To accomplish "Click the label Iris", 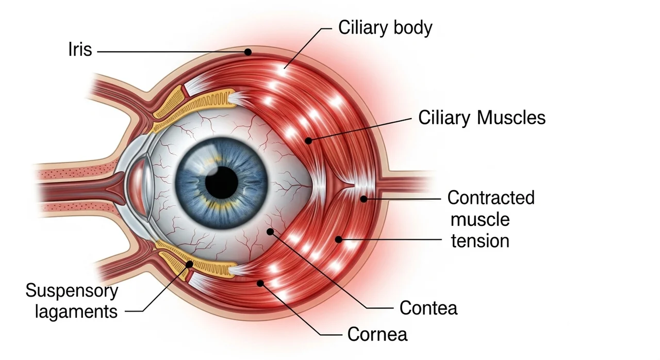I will (79, 51).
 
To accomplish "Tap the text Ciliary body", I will (385, 28).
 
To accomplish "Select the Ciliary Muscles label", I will (482, 118).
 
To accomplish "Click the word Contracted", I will (491, 198).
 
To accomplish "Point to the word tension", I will (480, 241).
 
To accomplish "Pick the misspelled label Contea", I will (428, 308).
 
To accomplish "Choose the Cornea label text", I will (377, 334).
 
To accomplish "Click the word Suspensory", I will (72, 291).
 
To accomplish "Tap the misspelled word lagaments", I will (76, 312).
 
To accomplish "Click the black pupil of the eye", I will (222, 182).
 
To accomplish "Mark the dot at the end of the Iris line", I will (248, 52).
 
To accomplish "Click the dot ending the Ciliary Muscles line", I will (308, 140).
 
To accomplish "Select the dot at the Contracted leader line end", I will (364, 199).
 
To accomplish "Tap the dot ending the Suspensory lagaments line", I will (190, 264).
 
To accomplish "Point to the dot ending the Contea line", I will (270, 232).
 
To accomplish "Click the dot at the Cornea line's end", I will (261, 283).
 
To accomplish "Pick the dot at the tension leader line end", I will (339, 239).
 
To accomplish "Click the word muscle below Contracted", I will (480, 220).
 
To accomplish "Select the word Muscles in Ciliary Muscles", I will (511, 118).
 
